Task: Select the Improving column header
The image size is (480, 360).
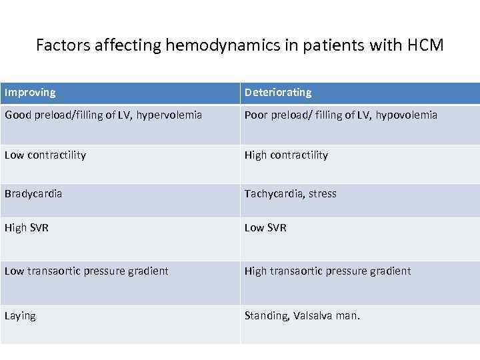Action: [30, 93]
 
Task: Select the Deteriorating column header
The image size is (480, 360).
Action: [278, 93]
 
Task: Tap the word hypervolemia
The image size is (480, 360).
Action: [169, 115]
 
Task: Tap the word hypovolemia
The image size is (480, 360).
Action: [406, 115]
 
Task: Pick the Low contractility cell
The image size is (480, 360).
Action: [45, 155]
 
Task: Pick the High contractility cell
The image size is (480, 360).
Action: [287, 155]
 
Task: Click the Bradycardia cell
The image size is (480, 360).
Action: [33, 194]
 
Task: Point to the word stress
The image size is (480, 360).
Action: [322, 194]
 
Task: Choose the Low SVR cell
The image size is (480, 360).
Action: [265, 228]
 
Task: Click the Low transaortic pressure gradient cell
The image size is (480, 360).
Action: [87, 271]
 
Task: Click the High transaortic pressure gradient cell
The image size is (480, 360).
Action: [328, 271]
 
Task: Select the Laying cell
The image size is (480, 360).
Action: [20, 316]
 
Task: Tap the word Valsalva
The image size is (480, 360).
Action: [313, 316]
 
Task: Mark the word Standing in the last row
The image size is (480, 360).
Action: [265, 316]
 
